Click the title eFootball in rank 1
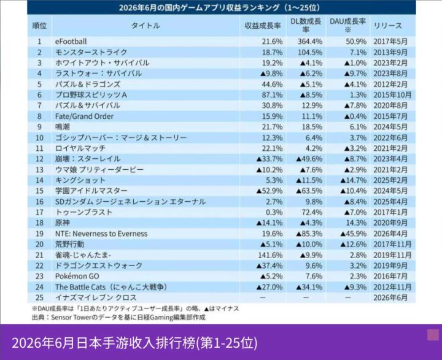71,42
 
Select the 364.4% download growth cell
310,42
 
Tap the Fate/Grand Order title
84,117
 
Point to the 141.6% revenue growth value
270,255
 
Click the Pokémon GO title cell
77,277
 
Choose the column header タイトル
145,26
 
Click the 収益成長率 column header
263,26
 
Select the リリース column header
387,26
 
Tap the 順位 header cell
39,26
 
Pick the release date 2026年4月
390,234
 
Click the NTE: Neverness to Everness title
101,234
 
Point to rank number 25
39,297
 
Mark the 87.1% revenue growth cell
272,95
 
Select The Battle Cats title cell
111,287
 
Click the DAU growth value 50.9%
356,42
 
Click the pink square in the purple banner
433,335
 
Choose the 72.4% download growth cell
312,212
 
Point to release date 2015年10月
392,95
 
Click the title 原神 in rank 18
62,223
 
